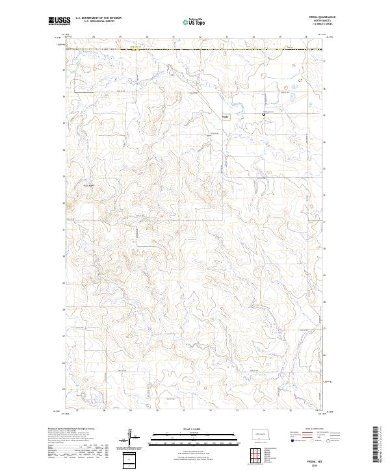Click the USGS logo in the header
click(60, 21)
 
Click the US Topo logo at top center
click(187, 21)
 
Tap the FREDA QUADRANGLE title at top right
click(318, 18)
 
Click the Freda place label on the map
click(225, 117)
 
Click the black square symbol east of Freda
click(263, 115)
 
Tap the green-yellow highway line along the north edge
click(195, 49)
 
